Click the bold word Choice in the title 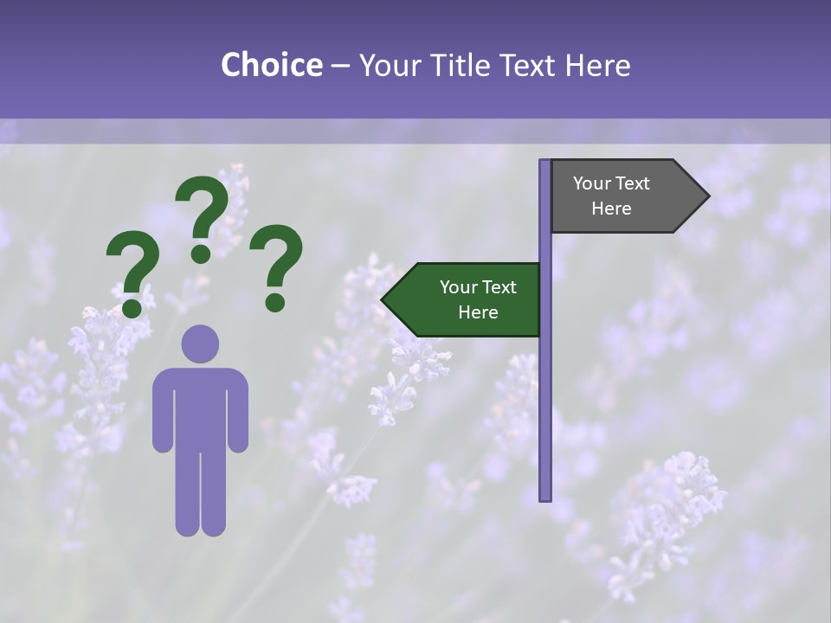coord(271,65)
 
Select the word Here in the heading coord(597,65)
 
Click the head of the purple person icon coord(200,344)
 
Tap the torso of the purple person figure coord(200,407)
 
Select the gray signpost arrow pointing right coord(623,196)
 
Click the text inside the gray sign coord(611,196)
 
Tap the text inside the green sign coord(478,299)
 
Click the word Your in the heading coord(389,65)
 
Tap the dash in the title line coord(340,67)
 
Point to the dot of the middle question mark coord(201,254)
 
